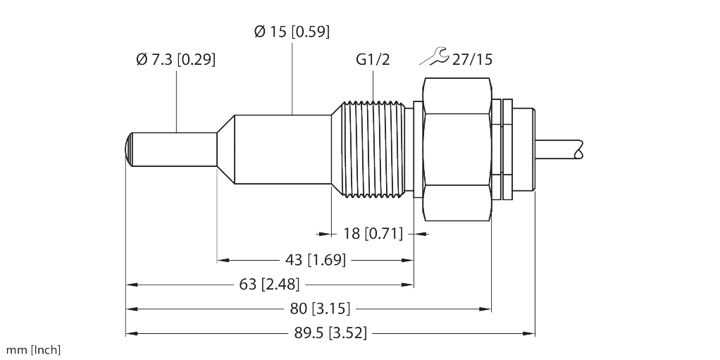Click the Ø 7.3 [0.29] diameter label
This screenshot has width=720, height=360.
pos(176,59)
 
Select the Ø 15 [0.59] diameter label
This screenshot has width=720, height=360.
pos(292,32)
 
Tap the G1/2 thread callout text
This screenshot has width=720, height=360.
pos(373,59)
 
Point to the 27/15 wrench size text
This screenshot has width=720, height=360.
pos(472,59)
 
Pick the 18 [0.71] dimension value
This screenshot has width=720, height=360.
pos(373,234)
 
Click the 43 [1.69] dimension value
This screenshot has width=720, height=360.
pos(316,261)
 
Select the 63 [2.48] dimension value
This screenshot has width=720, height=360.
pos(269,285)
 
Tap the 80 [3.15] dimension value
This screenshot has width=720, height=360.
pos(320,309)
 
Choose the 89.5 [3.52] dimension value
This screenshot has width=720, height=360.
pos(330,333)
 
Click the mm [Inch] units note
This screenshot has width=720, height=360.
pos(33,350)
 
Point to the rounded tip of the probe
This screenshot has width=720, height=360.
pos(129,149)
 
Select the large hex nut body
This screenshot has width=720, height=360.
pos(458,149)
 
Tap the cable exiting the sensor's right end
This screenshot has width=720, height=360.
pos(559,149)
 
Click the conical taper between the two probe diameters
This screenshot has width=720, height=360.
pos(225,149)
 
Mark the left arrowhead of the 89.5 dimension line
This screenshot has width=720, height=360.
pos(132,333)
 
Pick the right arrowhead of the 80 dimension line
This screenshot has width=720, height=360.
pos(486,309)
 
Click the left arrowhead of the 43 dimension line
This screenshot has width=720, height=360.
pos(223,261)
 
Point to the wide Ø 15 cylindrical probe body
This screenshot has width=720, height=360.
pos(283,149)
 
